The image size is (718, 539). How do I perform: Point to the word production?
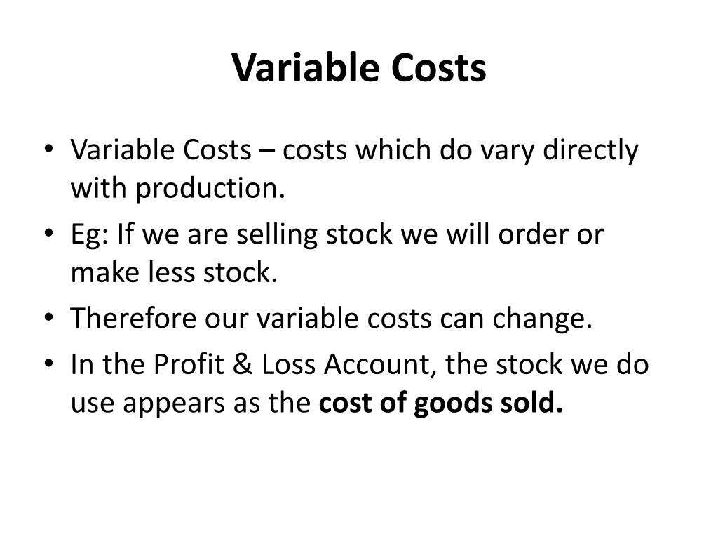pos(210,188)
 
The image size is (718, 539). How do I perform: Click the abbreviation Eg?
pos(90,234)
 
